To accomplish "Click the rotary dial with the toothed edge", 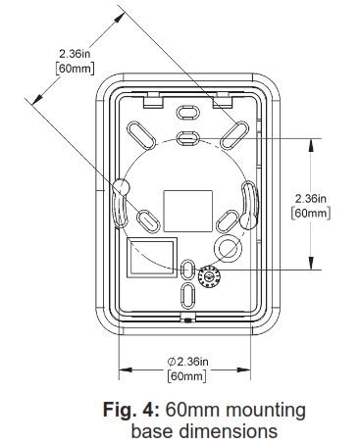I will (209, 276).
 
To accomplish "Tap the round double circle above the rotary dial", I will (227, 246).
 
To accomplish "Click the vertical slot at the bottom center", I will (187, 297).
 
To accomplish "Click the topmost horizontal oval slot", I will (187, 115).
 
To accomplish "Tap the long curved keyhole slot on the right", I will (247, 208).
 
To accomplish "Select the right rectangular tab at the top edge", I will (224, 98).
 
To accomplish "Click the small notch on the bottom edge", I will (186, 319).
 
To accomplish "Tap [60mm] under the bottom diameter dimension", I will (186, 375).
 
